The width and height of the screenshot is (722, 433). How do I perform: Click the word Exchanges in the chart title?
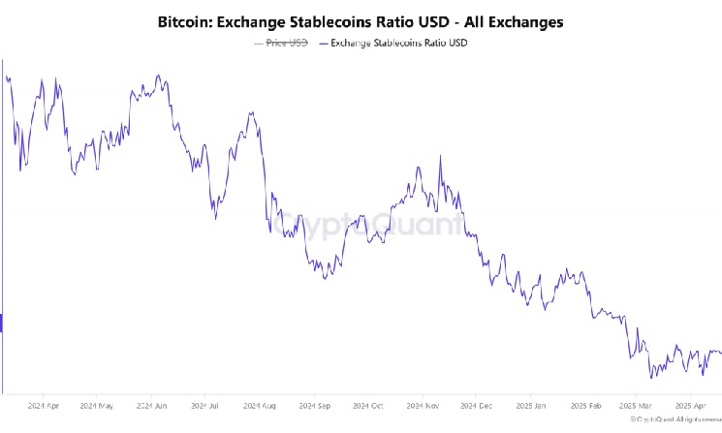(x=527, y=20)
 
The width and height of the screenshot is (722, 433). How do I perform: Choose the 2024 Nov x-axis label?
(x=425, y=406)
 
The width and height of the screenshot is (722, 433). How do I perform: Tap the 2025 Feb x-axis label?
(x=587, y=406)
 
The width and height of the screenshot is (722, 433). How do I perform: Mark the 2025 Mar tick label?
(x=637, y=406)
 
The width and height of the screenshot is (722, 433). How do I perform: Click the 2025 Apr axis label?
(x=690, y=406)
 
